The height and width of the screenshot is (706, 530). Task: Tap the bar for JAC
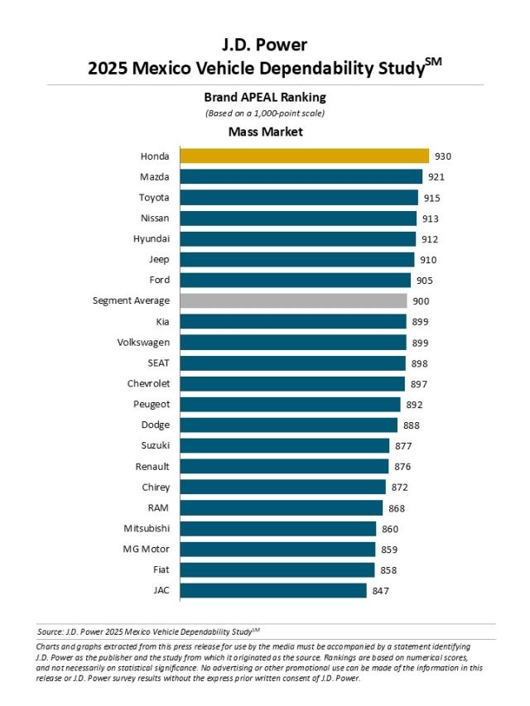272,590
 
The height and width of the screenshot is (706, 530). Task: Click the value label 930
443,156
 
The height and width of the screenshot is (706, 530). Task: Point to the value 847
380,590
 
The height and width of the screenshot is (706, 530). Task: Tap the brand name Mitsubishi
147,528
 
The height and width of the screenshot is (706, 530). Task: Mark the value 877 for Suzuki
403,445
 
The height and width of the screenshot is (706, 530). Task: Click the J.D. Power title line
265,44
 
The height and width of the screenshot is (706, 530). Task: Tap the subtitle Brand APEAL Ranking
265,97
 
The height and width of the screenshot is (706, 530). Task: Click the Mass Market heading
265,131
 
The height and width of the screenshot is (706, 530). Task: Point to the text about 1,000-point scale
265,113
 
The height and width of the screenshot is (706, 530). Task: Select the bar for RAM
281,507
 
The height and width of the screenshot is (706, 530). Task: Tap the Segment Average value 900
421,300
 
